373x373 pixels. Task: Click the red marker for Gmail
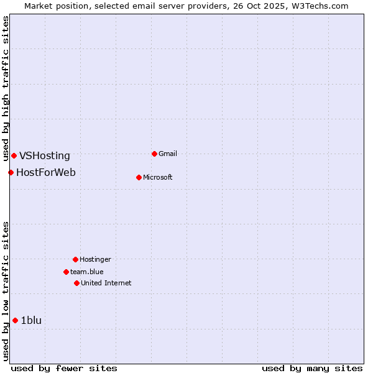point(154,154)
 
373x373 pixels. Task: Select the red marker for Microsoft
point(139,177)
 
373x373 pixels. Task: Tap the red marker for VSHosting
point(14,155)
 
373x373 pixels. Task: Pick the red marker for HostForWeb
point(11,172)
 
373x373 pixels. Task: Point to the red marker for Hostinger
point(75,259)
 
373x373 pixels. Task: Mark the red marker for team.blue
point(66,272)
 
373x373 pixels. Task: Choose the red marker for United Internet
point(76,283)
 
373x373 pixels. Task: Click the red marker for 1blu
point(15,320)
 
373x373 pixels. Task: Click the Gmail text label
point(168,154)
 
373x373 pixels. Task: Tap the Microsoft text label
point(158,177)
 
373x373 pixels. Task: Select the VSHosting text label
point(45,156)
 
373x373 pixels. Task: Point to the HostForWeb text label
point(46,172)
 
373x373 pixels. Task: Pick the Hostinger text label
point(95,259)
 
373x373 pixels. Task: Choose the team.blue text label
point(87,272)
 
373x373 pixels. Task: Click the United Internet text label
point(106,283)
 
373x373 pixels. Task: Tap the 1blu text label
point(31,320)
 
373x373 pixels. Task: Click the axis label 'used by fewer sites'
point(64,368)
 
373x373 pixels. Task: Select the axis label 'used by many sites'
point(312,368)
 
